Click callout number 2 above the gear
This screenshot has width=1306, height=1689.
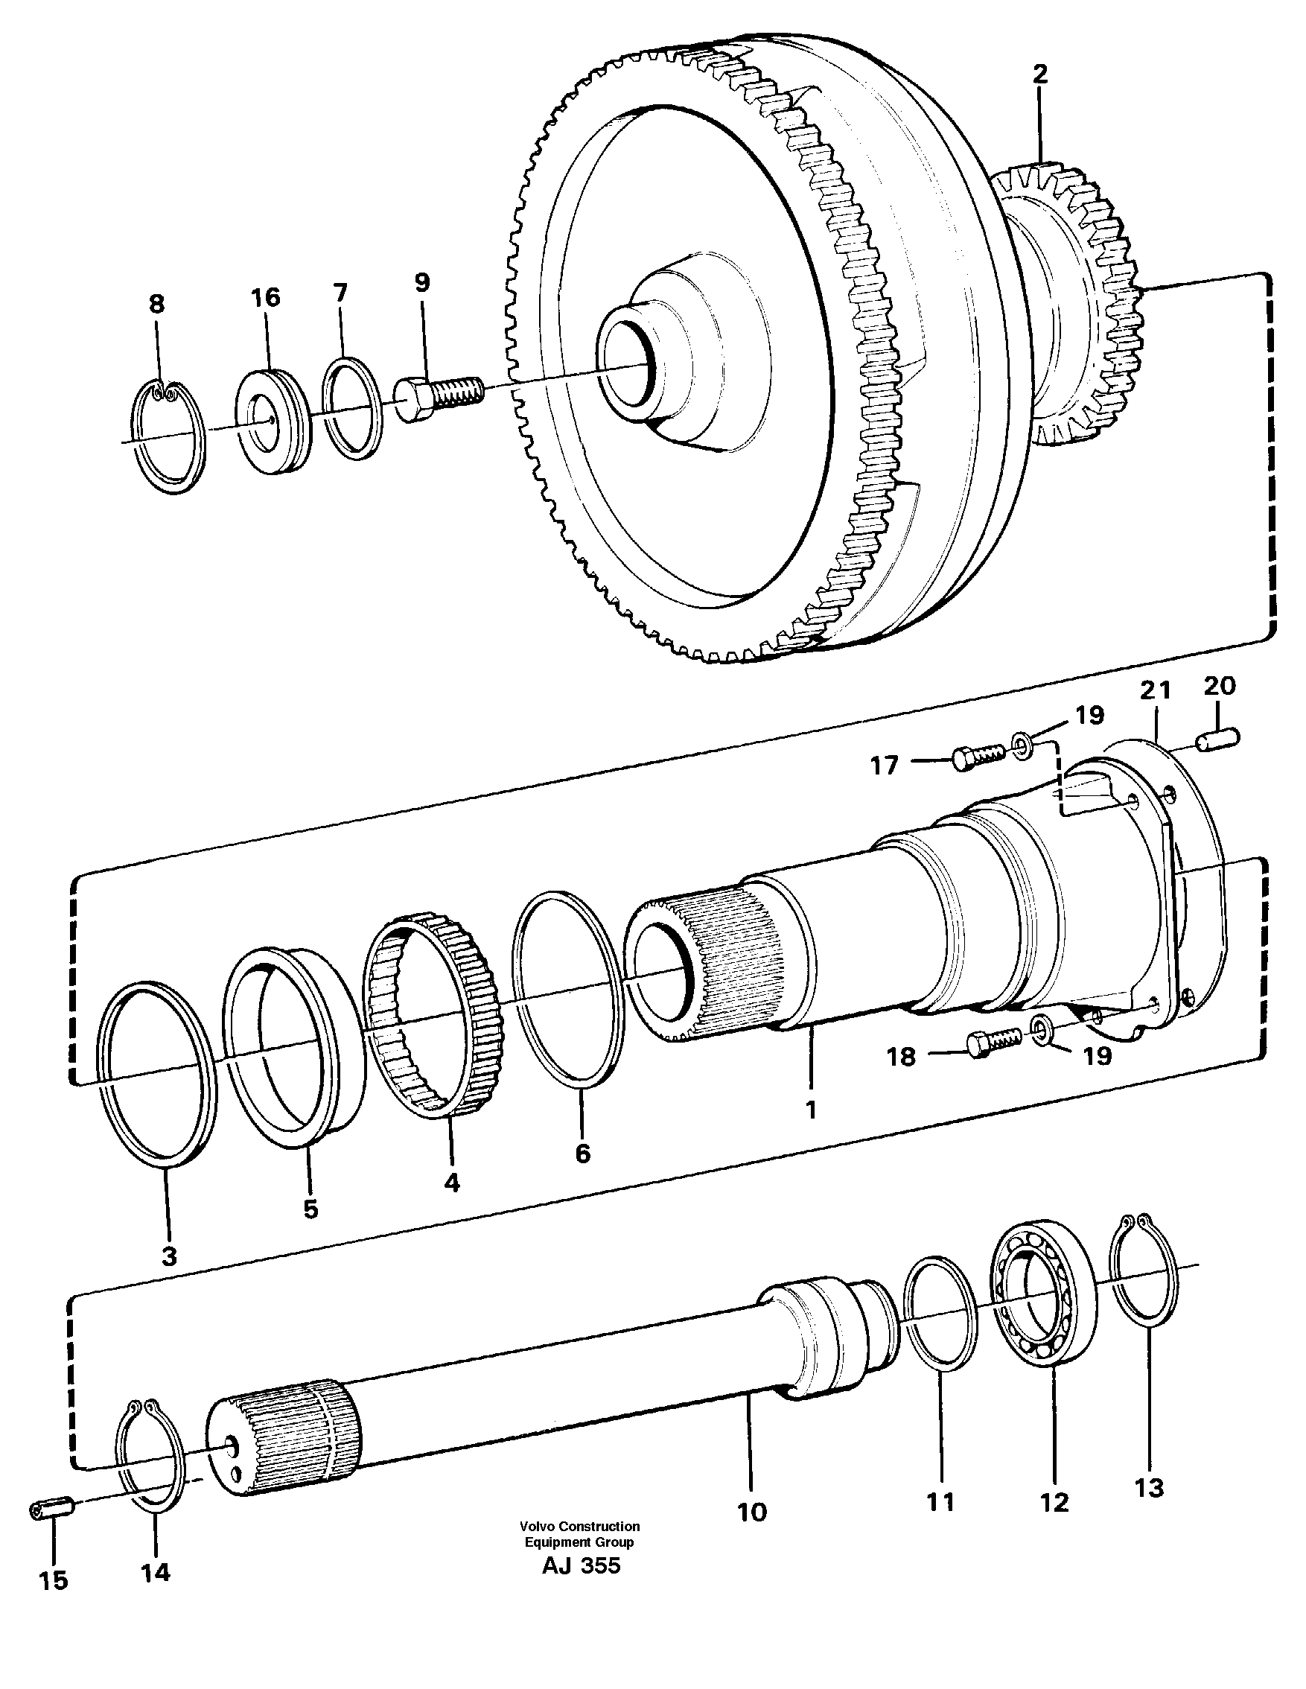point(1040,75)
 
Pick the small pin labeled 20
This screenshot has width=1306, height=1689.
point(1218,739)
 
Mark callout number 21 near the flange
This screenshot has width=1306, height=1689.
point(1155,690)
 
